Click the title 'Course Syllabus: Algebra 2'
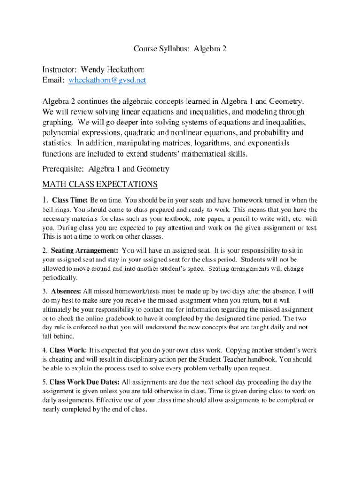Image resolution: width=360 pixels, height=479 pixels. click(180, 49)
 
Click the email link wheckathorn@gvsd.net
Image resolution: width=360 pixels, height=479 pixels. click(107, 80)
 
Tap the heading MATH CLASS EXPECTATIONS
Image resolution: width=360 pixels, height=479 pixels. click(100, 184)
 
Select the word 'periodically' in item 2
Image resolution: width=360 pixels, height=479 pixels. click(59, 278)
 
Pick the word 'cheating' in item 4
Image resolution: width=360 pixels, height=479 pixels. click(58, 359)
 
